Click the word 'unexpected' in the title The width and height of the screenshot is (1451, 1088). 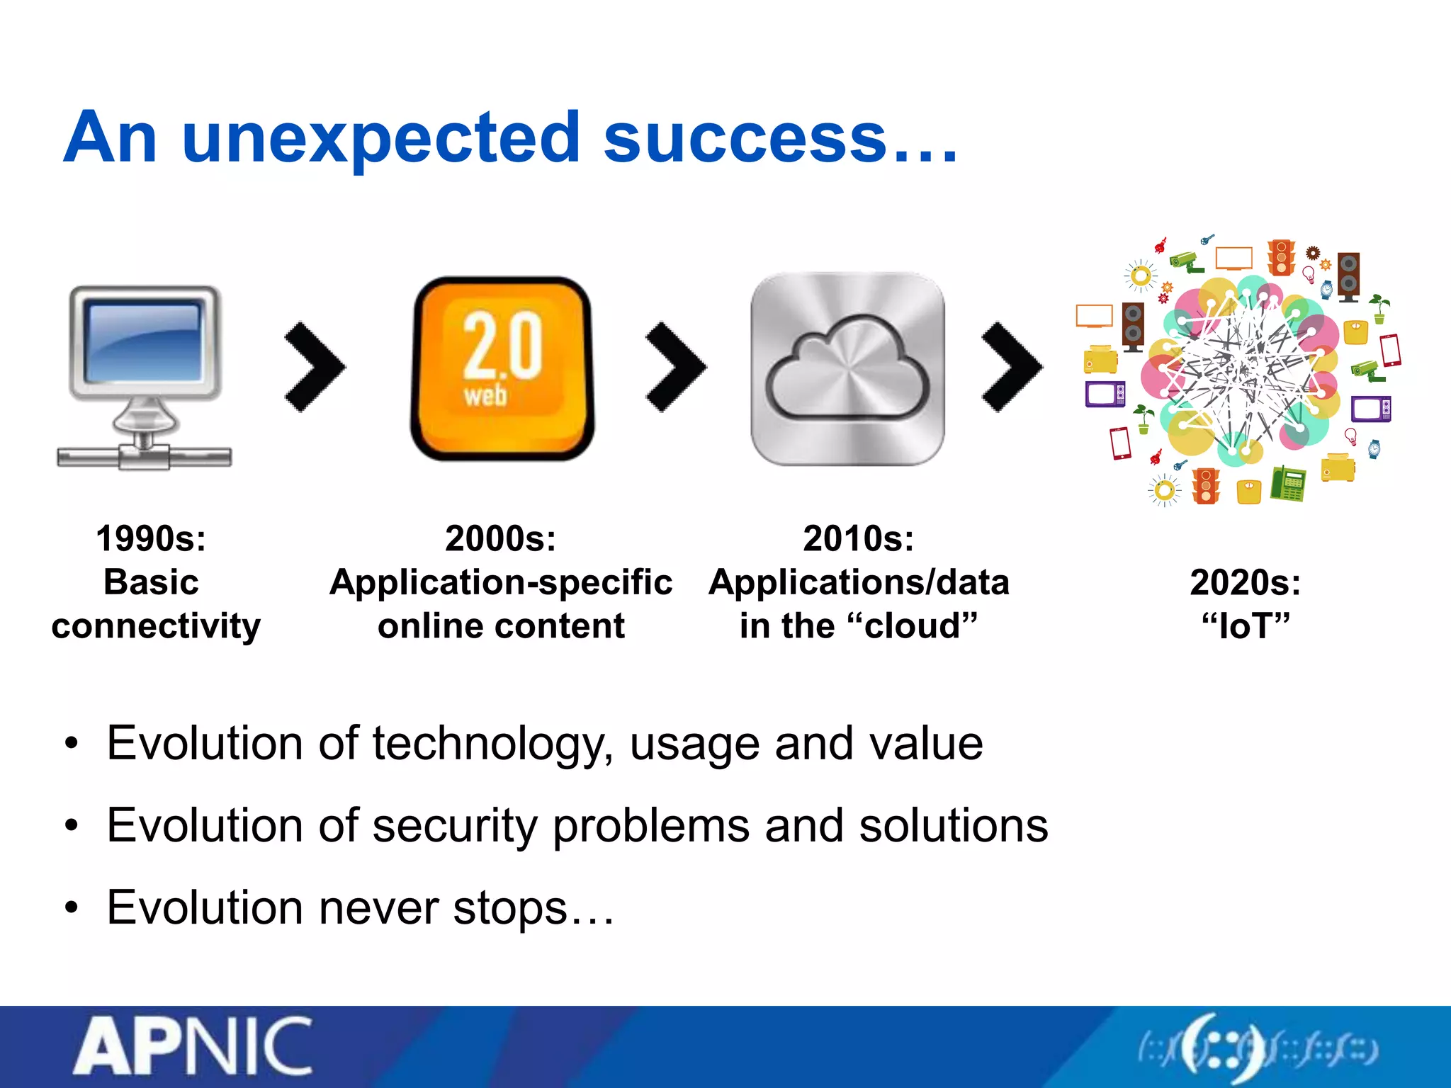381,140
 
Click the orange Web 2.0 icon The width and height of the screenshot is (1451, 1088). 502,368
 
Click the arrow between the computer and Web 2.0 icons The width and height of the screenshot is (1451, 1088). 314,367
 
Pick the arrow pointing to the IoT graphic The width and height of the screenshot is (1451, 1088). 1011,367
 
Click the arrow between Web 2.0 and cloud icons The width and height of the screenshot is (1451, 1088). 674,367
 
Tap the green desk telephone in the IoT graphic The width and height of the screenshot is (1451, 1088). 1288,484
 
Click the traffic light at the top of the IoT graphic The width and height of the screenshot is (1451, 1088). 1281,257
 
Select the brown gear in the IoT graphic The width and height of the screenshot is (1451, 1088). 1313,252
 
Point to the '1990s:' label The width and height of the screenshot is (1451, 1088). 151,538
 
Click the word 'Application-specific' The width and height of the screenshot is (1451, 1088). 501,582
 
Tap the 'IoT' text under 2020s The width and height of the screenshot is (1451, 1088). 1246,626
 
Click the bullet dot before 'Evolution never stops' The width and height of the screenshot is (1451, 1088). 71,908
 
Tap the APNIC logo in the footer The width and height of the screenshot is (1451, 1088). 193,1047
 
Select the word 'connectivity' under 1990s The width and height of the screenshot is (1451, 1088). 156,626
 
